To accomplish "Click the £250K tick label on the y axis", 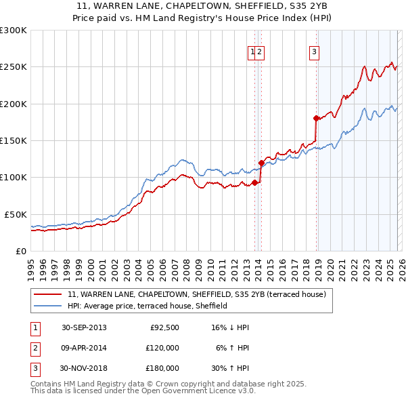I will pyautogui.click(x=14, y=67).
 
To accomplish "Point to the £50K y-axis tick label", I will pyautogui.click(x=16, y=214).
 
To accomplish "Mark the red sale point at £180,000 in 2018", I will pyautogui.click(x=316, y=119).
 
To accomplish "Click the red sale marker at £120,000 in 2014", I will pyautogui.click(x=261, y=163).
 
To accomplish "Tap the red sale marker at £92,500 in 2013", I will pyautogui.click(x=254, y=182).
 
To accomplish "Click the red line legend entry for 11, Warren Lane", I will pyautogui.click(x=196, y=294).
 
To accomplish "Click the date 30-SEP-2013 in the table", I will pyautogui.click(x=84, y=327).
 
